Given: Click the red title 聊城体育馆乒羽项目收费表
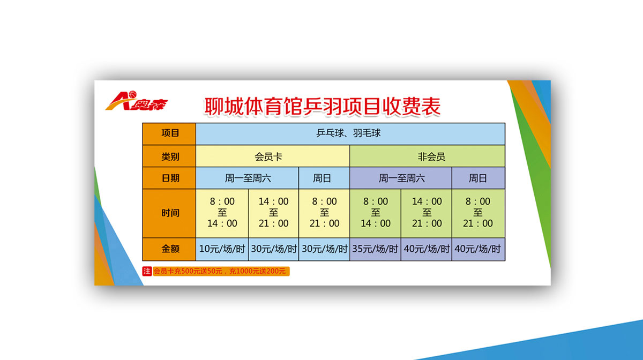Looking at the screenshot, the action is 322,107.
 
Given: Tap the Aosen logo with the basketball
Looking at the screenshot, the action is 137,101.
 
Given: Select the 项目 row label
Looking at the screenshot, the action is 169,134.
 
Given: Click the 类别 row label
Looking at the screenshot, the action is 169,156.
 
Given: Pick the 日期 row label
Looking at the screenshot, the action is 169,178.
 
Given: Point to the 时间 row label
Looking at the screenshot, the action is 169,213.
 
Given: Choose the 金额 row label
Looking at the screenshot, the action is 169,249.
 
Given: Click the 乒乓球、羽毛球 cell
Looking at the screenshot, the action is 350,134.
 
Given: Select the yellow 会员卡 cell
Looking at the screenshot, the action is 273,156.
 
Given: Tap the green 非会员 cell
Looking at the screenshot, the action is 428,156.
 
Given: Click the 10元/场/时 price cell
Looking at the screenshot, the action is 222,249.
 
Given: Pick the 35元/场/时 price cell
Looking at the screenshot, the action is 375,249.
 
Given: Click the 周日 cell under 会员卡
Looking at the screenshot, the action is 324,178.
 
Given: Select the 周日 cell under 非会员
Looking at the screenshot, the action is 478,178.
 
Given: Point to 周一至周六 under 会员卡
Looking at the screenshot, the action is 248,178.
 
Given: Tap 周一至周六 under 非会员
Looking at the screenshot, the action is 401,178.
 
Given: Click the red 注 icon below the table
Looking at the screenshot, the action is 147,271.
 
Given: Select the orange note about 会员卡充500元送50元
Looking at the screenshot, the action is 221,271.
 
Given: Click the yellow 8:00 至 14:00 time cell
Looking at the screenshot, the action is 222,213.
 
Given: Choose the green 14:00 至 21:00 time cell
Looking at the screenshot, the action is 427,213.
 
